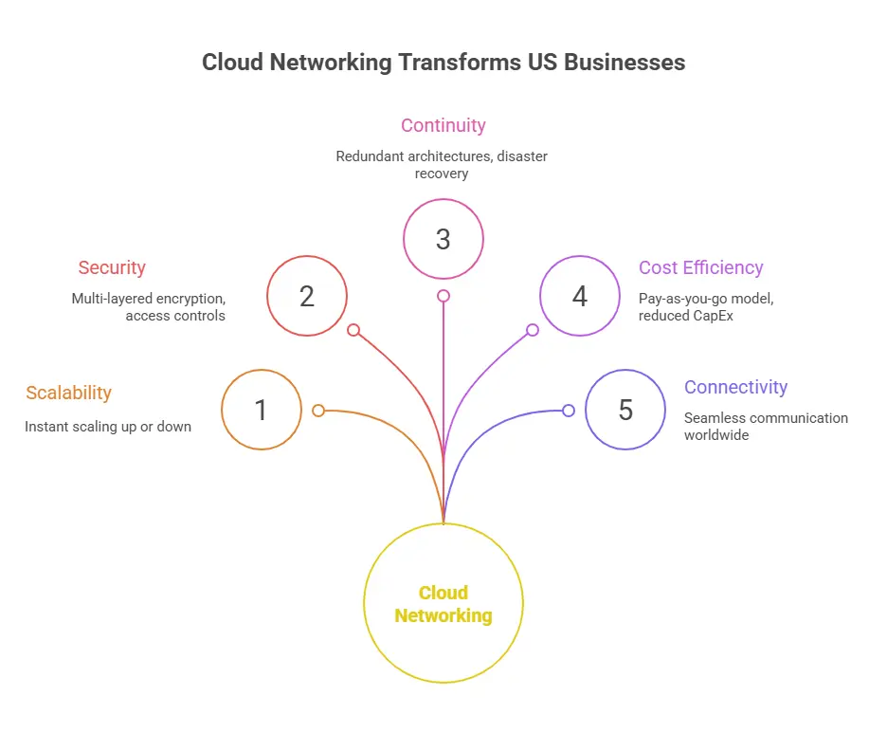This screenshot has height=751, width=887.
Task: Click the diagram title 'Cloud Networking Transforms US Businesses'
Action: (x=443, y=64)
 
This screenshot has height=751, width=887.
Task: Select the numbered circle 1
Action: (x=262, y=410)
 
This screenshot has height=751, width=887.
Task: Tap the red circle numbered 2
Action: (x=307, y=296)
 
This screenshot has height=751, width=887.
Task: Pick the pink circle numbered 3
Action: (x=443, y=239)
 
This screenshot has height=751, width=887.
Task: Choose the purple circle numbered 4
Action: (x=580, y=296)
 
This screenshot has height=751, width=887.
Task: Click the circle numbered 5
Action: (x=625, y=410)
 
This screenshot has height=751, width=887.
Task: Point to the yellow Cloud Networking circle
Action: (x=443, y=603)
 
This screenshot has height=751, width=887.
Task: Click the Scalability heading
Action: (x=68, y=393)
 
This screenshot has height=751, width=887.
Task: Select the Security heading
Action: (x=112, y=267)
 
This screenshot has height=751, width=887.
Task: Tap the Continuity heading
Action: (x=443, y=125)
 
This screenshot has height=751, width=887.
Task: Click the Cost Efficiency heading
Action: (x=701, y=267)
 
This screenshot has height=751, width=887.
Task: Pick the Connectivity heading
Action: (x=736, y=387)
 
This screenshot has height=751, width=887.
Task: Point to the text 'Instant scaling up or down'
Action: (x=108, y=427)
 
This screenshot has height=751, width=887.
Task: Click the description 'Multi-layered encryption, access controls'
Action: (x=149, y=306)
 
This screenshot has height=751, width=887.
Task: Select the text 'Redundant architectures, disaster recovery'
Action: (x=443, y=164)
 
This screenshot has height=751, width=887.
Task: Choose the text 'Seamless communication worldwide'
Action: (x=766, y=426)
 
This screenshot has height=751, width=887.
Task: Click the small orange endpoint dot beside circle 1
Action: (x=318, y=411)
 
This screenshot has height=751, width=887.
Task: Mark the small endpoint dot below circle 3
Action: (x=443, y=296)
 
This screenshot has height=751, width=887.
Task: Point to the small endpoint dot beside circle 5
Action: (x=569, y=411)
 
